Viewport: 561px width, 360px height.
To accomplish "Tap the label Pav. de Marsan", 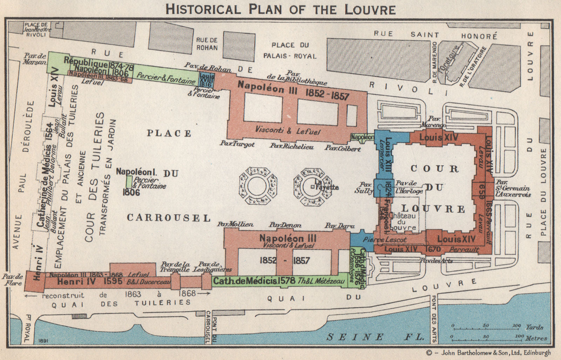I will [35, 59].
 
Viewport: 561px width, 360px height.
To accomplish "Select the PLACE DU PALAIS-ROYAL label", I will [290, 50].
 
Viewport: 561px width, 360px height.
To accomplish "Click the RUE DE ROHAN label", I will [207, 44].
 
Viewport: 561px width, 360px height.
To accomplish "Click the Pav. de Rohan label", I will [208, 67].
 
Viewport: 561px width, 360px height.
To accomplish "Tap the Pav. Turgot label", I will [237, 144].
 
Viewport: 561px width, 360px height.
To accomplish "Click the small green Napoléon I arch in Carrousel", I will [129, 182].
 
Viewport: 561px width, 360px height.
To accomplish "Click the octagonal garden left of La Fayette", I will [258, 186].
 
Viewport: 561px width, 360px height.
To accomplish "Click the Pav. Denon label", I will [285, 225].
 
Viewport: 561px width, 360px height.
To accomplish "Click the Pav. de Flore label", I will [13, 279].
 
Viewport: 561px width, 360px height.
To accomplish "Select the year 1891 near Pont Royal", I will [44, 340].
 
